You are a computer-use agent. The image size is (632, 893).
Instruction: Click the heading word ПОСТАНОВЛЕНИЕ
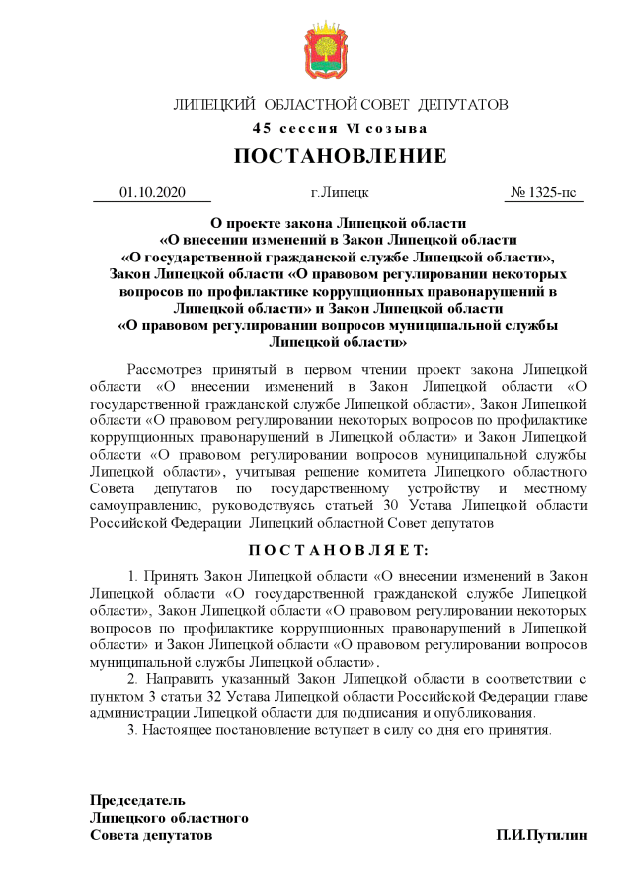[x=340, y=157]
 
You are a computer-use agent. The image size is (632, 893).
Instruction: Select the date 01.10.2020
[x=152, y=192]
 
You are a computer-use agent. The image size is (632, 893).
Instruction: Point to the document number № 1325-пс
[x=543, y=192]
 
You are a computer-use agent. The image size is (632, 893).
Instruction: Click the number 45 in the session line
[x=261, y=129]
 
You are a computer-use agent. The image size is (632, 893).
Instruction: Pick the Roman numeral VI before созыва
[x=353, y=129]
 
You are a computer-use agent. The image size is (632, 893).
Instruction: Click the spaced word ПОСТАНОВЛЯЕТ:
[x=339, y=550]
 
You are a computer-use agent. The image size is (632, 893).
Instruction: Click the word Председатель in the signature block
[x=137, y=800]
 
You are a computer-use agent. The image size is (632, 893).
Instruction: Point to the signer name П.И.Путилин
[x=541, y=835]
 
